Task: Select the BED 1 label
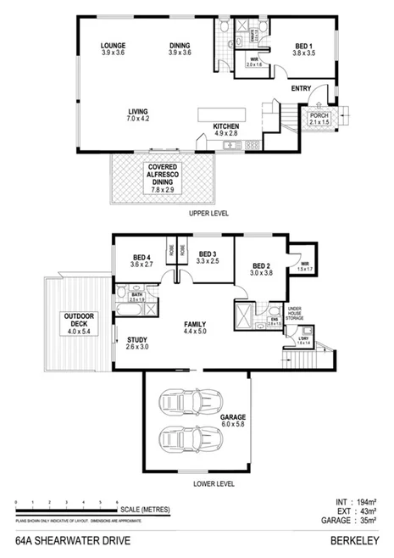click(303, 47)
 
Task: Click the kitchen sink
click(231, 146)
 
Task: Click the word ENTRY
click(301, 88)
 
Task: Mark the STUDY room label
click(137, 343)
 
